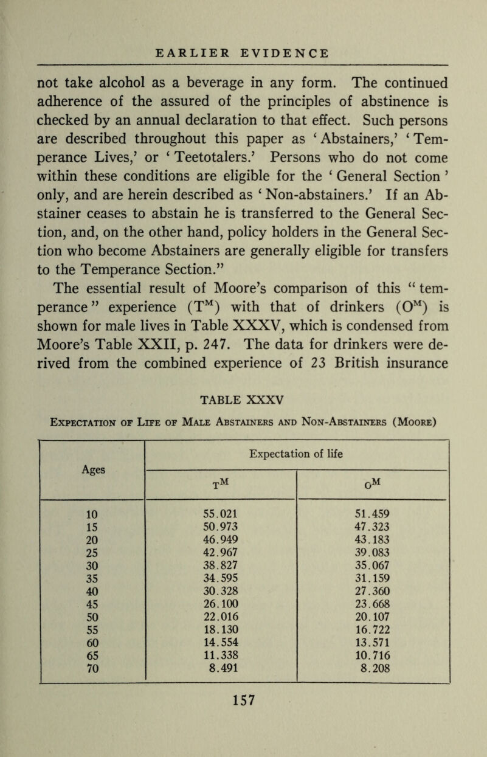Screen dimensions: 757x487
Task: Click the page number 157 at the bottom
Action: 244,714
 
